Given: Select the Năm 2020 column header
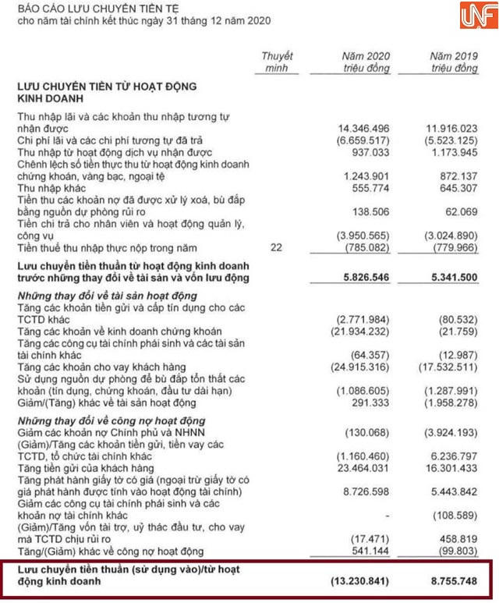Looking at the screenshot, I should pos(366,62).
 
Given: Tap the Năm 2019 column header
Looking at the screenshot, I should pos(454,62).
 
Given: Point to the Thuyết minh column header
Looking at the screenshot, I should pos(277,62).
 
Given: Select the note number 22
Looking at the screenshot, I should pos(277,247).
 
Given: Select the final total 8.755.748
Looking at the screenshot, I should pos(451,581).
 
